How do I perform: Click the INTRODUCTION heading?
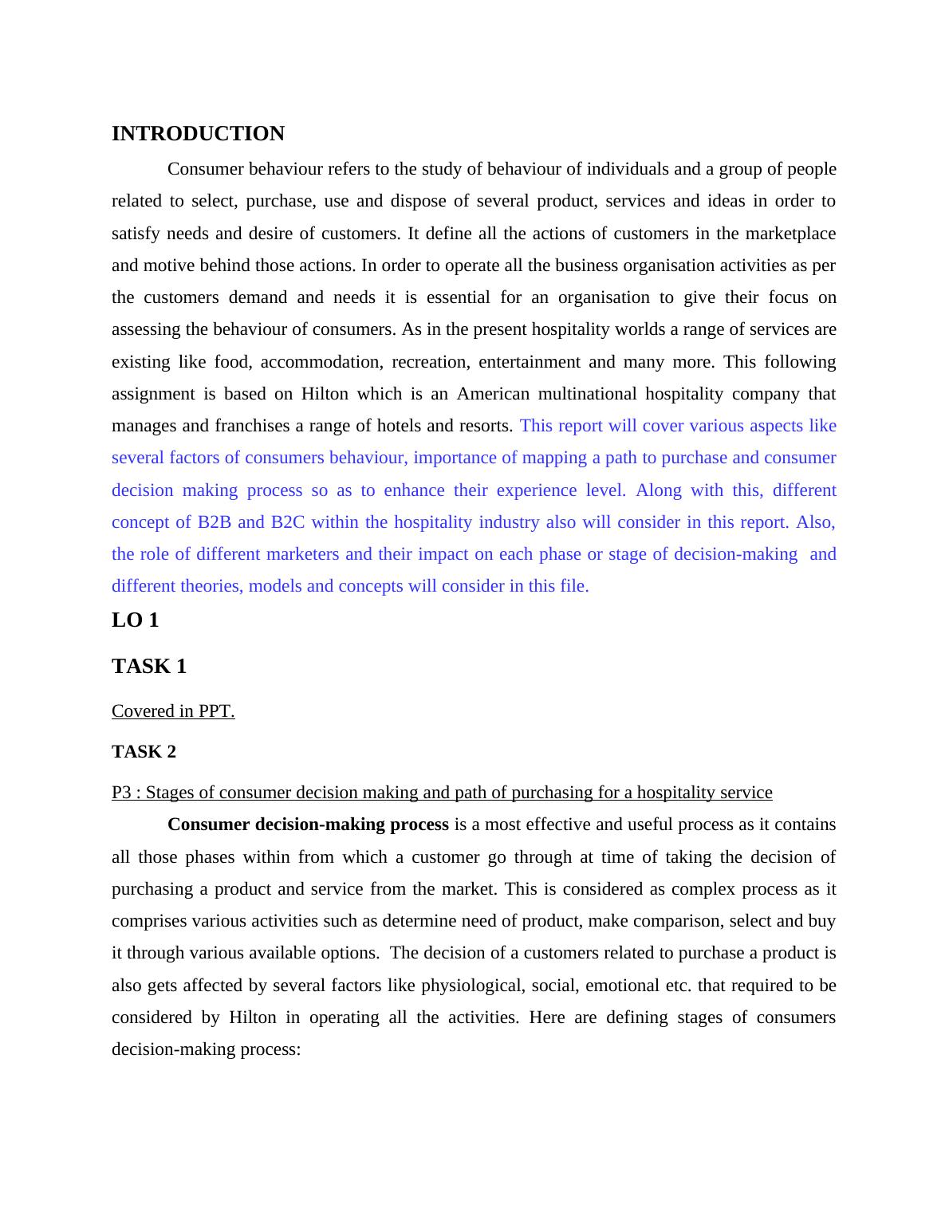(x=198, y=134)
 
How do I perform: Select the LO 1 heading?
(x=135, y=620)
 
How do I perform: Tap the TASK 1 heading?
(x=148, y=667)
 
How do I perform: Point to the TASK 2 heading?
(x=144, y=752)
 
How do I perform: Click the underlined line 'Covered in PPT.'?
(x=173, y=711)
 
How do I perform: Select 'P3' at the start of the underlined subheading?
(x=121, y=793)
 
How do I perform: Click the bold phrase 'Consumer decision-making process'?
(x=308, y=825)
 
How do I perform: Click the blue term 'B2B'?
(x=214, y=522)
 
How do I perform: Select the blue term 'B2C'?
(x=288, y=522)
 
